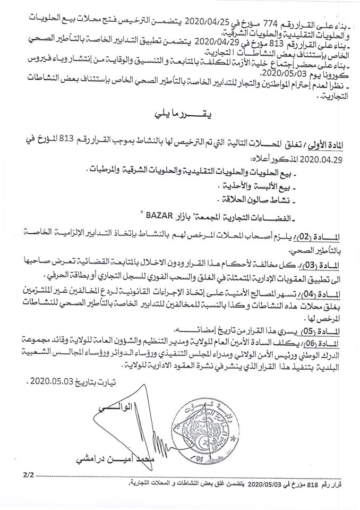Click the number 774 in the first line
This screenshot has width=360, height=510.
coord(263,9)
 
